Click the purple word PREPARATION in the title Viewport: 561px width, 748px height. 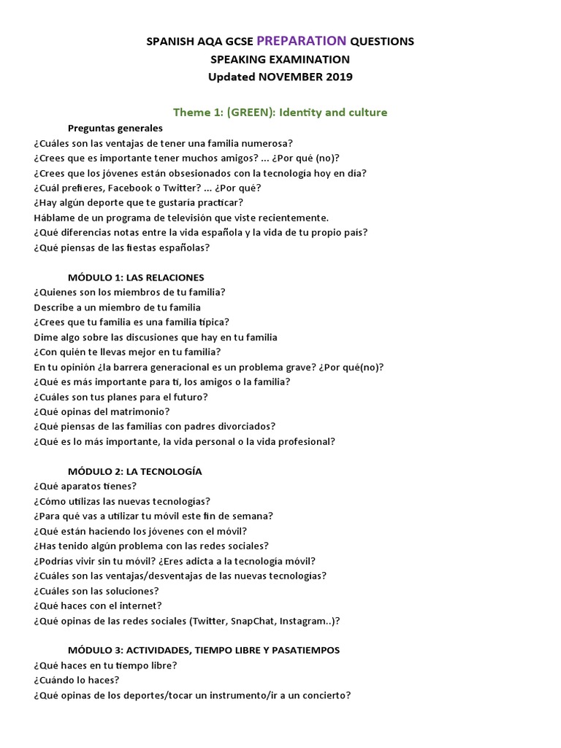pyautogui.click(x=302, y=41)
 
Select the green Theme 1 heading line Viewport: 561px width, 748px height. pyautogui.click(x=280, y=112)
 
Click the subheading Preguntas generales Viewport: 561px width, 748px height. pyautogui.click(x=115, y=128)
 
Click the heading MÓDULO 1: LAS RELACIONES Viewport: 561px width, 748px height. pyautogui.click(x=136, y=278)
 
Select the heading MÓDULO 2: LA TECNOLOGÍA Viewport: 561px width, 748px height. pyautogui.click(x=134, y=471)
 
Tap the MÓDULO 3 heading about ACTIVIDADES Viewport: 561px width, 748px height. pyautogui.click(x=203, y=650)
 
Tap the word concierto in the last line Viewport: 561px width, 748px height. pyautogui.click(x=319, y=695)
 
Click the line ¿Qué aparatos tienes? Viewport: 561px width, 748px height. pyautogui.click(x=85, y=486)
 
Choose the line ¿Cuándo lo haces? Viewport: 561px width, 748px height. pyautogui.click(x=76, y=680)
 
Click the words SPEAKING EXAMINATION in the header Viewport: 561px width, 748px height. pyautogui.click(x=280, y=59)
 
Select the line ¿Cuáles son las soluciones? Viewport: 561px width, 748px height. pyautogui.click(x=96, y=591)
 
